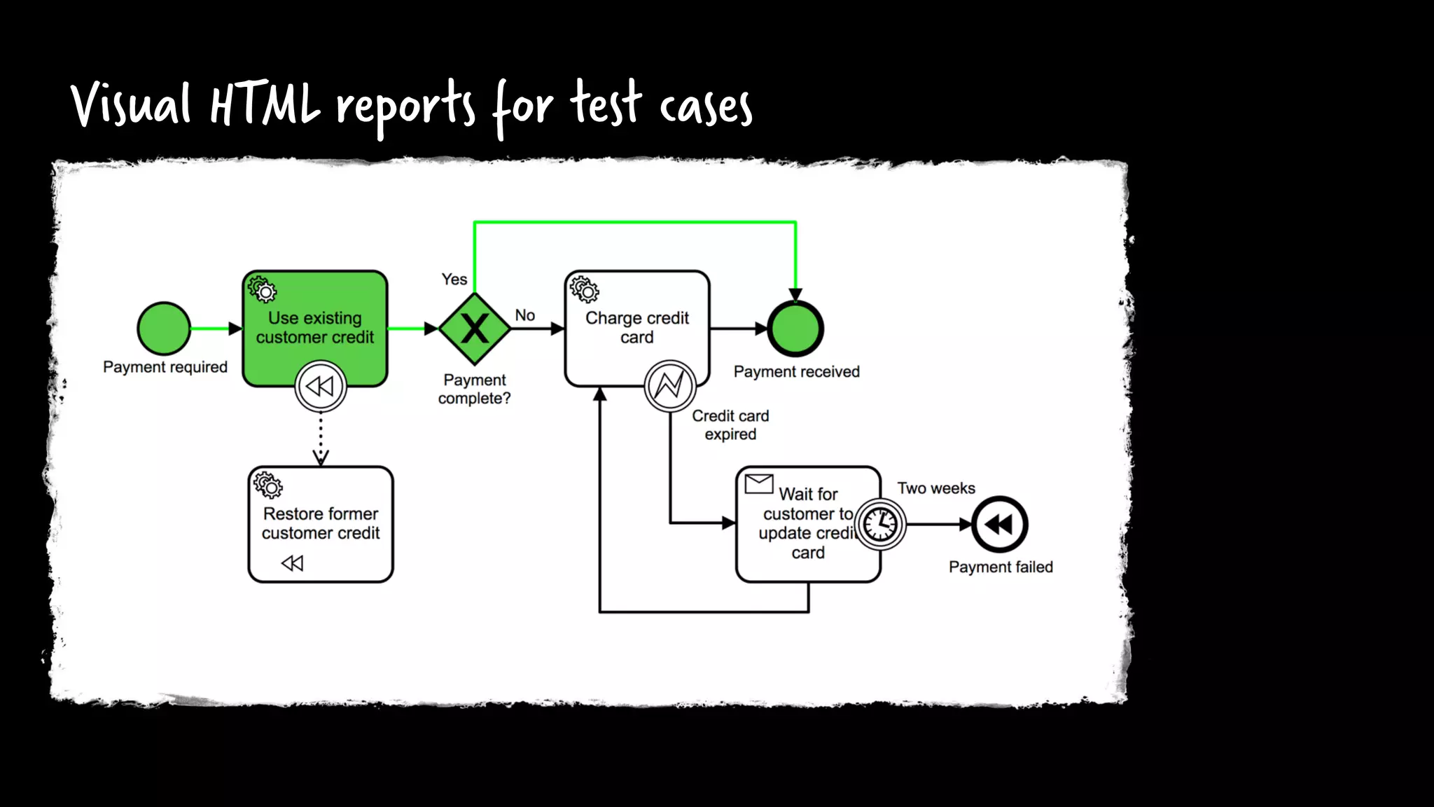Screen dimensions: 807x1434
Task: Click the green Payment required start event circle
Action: (164, 329)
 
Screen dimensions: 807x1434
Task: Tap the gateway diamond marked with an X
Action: (475, 329)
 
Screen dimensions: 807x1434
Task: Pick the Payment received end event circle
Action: (795, 329)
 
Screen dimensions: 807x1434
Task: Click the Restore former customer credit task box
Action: (321, 523)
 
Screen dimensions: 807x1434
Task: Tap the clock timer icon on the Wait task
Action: (880, 524)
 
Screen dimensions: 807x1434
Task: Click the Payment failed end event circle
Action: (999, 524)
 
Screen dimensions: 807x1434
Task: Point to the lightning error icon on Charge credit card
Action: (669, 385)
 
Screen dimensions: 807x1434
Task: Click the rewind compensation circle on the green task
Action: (321, 386)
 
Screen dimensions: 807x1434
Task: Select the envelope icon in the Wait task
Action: (759, 483)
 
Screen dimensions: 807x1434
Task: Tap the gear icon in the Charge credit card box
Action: (584, 289)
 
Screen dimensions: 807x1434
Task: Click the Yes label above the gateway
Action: (454, 280)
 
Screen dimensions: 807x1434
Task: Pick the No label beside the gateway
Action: (525, 315)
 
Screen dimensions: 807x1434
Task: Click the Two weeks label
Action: (936, 488)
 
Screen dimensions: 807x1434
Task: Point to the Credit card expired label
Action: (730, 425)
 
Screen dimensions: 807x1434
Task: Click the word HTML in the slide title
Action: (265, 105)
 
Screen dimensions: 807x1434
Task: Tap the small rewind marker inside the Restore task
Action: (292, 563)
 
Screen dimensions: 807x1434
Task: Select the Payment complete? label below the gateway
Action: (474, 389)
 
